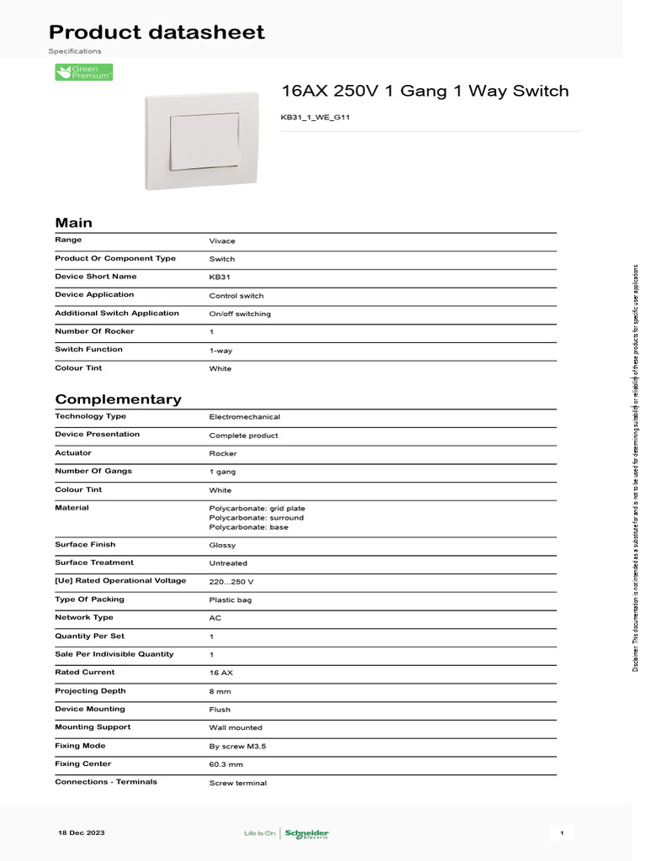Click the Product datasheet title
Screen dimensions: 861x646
[x=156, y=33]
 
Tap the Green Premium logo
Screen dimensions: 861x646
[x=84, y=72]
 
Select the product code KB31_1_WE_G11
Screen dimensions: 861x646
[x=315, y=118]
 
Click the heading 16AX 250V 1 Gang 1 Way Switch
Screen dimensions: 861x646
[x=424, y=91]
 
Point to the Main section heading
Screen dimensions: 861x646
[x=74, y=223]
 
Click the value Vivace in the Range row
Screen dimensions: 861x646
[x=222, y=241]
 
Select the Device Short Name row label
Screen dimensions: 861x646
[x=96, y=277]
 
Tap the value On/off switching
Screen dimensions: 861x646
[x=240, y=314]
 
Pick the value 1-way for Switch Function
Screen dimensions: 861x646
[x=220, y=351]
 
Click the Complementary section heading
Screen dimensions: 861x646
[x=118, y=399]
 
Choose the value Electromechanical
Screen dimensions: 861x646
[x=245, y=417]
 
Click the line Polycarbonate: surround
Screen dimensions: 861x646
[x=257, y=518]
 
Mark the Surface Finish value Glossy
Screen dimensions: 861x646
[x=222, y=546]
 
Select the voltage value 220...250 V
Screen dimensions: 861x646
[x=231, y=582]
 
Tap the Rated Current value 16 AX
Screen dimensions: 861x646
[x=220, y=673]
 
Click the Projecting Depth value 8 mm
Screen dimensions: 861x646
[x=220, y=692]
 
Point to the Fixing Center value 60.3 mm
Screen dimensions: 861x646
[x=225, y=765]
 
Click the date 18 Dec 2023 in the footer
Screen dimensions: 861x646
[x=82, y=832]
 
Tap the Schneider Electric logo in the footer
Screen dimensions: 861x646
[x=306, y=833]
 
